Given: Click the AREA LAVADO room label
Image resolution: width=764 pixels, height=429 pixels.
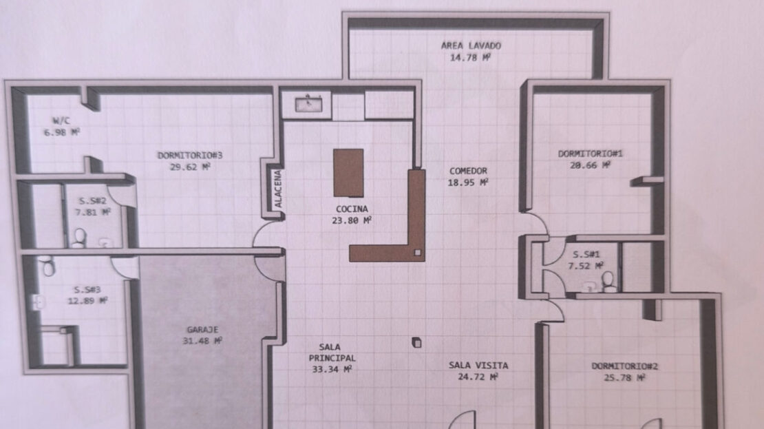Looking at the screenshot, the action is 471,46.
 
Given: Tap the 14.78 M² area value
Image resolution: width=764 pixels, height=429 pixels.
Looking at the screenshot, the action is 469,58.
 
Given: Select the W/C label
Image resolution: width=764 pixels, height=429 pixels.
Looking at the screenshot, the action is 61,121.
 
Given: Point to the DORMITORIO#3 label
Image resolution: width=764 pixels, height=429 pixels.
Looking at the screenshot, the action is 189,156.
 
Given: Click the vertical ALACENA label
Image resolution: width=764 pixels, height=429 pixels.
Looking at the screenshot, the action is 278,189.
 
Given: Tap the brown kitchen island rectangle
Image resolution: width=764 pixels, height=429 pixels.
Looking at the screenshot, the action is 348,173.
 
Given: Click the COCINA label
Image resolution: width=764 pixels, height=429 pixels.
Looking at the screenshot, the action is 352,209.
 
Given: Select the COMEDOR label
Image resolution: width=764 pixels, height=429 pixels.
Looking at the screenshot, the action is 468,171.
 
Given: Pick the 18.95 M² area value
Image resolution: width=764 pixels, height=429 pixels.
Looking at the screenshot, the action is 468,182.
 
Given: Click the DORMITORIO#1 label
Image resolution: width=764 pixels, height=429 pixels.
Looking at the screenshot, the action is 590,154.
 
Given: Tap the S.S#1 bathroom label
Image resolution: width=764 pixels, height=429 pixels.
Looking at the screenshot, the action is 586,255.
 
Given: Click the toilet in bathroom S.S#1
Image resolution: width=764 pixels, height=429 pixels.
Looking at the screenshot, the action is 608,282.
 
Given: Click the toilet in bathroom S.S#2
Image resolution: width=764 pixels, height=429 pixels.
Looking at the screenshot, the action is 79,238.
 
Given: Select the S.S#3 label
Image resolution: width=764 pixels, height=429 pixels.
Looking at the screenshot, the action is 87,290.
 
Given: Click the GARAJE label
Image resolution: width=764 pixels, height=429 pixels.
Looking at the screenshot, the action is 202,330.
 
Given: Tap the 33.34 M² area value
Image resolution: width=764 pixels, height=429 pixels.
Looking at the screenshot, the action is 332,370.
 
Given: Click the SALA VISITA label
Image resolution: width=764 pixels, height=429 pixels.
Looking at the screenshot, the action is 478,365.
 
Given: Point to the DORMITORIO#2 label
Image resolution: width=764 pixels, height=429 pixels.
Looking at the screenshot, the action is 625,366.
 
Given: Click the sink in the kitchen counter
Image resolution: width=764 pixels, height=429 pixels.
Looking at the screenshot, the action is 308,105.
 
